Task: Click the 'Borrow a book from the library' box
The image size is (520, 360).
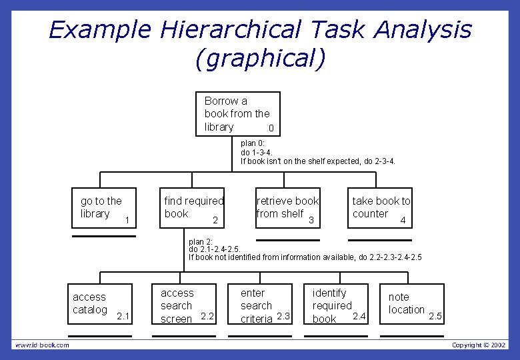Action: pyautogui.click(x=237, y=114)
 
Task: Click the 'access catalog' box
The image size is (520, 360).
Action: pyautogui.click(x=99, y=304)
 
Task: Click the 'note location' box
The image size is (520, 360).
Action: pyautogui.click(x=411, y=304)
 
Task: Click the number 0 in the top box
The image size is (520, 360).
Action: pyautogui.click(x=270, y=128)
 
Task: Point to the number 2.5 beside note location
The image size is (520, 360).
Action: pyautogui.click(x=435, y=316)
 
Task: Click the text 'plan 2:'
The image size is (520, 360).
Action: pyautogui.click(x=201, y=241)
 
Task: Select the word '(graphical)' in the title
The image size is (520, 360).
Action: pyautogui.click(x=260, y=59)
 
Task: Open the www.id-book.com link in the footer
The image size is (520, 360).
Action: pyautogui.click(x=42, y=345)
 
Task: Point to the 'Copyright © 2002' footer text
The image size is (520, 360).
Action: pyautogui.click(x=479, y=345)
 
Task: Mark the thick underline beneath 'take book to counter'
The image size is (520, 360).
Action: pyautogui.click(x=380, y=239)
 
